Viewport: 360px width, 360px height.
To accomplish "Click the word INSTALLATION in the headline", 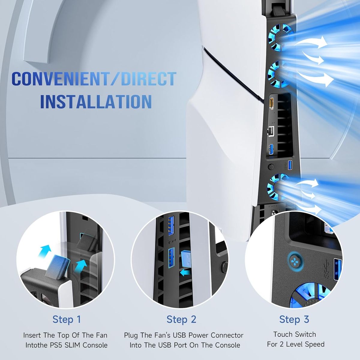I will pos(96,102).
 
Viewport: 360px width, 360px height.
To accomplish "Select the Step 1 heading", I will pos(67,319).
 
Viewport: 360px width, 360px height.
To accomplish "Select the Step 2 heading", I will pos(181,319).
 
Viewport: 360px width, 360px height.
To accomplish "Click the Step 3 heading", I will pos(294,319).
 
